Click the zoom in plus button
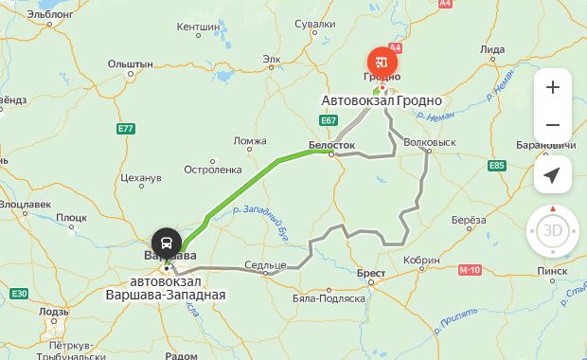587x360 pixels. click(553, 87)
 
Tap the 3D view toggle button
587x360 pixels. click(552, 230)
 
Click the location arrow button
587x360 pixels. click(553, 175)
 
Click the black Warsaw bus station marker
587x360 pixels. click(167, 241)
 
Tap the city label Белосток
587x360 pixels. click(331, 145)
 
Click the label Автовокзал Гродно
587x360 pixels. click(383, 100)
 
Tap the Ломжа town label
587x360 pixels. click(250, 141)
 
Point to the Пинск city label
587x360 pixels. click(551, 271)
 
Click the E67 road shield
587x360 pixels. click(329, 120)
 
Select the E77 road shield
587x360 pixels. click(126, 128)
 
